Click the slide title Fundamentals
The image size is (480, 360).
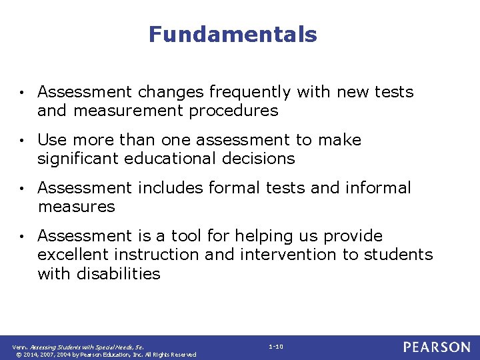233,34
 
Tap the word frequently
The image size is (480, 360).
250,92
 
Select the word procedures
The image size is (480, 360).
233,111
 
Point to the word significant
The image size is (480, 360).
73,159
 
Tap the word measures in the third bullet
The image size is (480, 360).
76,207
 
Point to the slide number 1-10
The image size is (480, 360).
276,347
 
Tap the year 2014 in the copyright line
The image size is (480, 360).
30,354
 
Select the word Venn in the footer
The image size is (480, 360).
20,347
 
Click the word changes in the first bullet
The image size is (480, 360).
173,92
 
